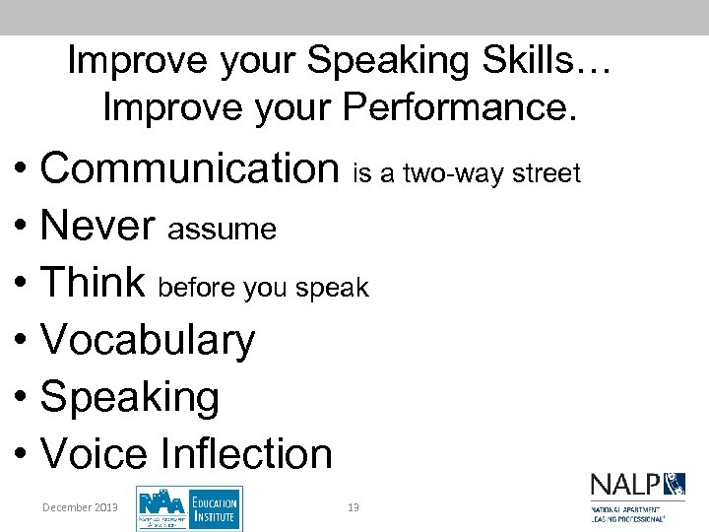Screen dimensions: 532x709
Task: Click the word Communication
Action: coord(189,168)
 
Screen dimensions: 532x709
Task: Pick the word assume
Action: coord(222,231)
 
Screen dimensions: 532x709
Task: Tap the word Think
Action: coord(93,283)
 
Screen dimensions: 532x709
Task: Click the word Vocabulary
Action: coord(148,340)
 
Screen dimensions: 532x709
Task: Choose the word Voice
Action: coord(94,454)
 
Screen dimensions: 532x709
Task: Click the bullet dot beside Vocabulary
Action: coord(21,342)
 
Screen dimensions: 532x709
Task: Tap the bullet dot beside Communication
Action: coord(21,170)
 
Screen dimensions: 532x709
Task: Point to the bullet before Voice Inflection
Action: coord(21,456)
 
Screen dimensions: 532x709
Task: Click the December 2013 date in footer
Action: coord(80,507)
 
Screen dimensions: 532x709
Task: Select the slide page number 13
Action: coord(354,507)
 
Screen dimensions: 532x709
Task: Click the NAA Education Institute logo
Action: coord(189,508)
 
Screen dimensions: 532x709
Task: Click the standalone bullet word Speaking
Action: coord(129,397)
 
